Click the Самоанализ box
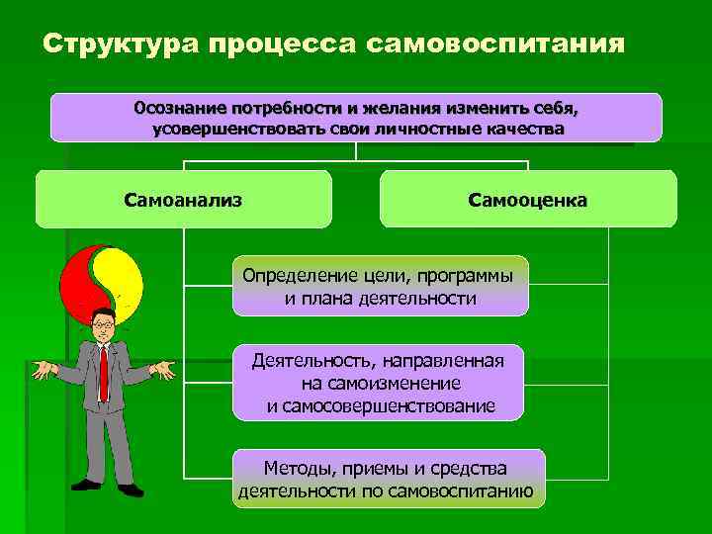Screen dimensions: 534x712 (x=183, y=200)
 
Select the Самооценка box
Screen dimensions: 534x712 (x=527, y=200)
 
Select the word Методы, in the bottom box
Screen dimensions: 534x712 (x=298, y=467)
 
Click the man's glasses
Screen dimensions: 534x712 (x=102, y=322)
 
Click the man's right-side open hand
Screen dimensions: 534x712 (x=162, y=370)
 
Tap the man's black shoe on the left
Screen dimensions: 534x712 (x=86, y=485)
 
